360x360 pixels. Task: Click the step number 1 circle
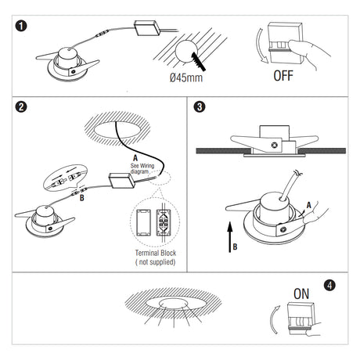pyautogui.click(x=21, y=26)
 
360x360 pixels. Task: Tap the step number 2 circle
pyautogui.click(x=21, y=106)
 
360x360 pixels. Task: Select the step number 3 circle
pyautogui.click(x=200, y=106)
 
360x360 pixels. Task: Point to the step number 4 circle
pyautogui.click(x=329, y=285)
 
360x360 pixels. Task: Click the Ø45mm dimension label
pyautogui.click(x=186, y=77)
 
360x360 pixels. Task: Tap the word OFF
pyautogui.click(x=283, y=76)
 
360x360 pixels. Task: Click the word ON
pyautogui.click(x=301, y=294)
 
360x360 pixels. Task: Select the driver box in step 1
pyautogui.click(x=147, y=28)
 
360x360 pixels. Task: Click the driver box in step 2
pyautogui.click(x=122, y=181)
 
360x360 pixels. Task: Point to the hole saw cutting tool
pyautogui.click(x=199, y=62)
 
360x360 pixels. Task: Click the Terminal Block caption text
pyautogui.click(x=156, y=257)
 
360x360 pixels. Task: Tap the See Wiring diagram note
pyautogui.click(x=142, y=168)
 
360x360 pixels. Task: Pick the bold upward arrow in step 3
pyautogui.click(x=230, y=237)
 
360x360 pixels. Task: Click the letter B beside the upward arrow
pyautogui.click(x=235, y=247)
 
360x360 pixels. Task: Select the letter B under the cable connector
pyautogui.click(x=82, y=198)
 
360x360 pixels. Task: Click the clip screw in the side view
pyautogui.click(x=274, y=145)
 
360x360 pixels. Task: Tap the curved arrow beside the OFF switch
pyautogui.click(x=259, y=45)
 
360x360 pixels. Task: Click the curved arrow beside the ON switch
pyautogui.click(x=272, y=319)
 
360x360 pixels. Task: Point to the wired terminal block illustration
pyautogui.click(x=164, y=222)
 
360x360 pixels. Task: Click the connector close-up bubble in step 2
pyautogui.click(x=65, y=178)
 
